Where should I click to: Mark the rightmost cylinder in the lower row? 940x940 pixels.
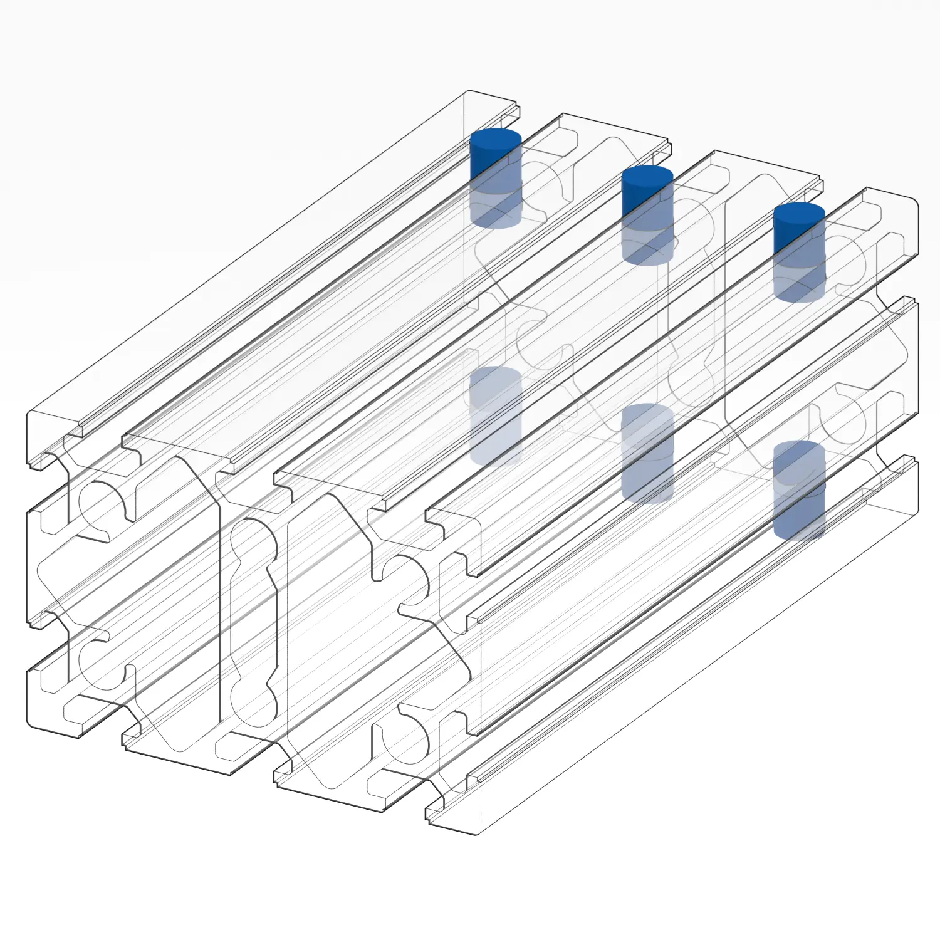pos(799,490)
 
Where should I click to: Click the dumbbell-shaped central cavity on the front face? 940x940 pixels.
pos(254,620)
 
